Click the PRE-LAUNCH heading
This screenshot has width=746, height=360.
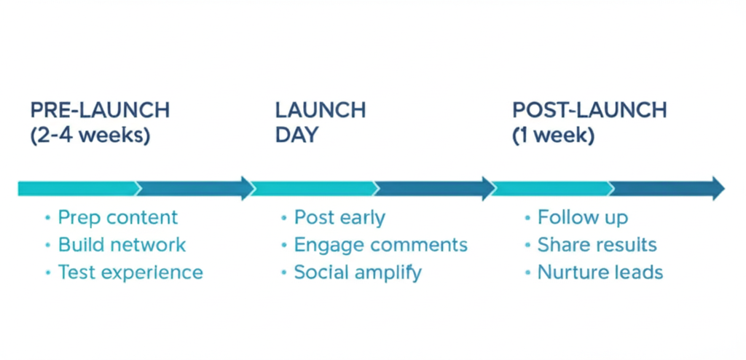pos(100,110)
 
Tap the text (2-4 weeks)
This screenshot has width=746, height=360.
pos(90,136)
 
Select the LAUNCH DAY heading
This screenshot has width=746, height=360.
pos(321,122)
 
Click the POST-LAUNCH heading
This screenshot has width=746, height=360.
pos(589,110)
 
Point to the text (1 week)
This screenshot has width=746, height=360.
pos(554,136)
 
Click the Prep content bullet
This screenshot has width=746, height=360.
pos(117,217)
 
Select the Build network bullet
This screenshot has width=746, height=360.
pos(122,245)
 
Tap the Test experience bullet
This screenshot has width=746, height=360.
pos(130,273)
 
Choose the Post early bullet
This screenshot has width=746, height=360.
pos(339,217)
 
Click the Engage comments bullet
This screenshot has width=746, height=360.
pos(380,245)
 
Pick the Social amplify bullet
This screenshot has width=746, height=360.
pos(358,273)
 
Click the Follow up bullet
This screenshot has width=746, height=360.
pos(582,217)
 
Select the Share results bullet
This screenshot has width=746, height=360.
pos(597,245)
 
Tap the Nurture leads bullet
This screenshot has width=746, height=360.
pos(600,273)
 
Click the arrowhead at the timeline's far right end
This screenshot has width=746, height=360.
pos(717,188)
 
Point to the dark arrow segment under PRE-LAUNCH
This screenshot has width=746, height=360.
pos(193,188)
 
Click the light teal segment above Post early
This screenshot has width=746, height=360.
pos(313,188)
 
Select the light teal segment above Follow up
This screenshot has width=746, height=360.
pos(554,188)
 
